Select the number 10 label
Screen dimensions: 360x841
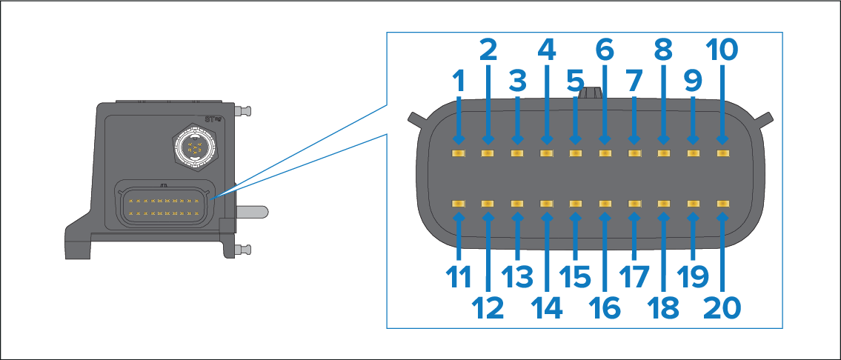coord(722,50)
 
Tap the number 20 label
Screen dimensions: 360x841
coord(722,307)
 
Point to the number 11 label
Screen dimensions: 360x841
coord(459,277)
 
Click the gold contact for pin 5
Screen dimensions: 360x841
coord(576,153)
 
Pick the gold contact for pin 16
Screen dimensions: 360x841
coord(605,203)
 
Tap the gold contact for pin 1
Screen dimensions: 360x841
coord(459,153)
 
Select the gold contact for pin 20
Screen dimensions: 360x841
coord(722,203)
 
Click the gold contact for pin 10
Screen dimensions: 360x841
coord(722,153)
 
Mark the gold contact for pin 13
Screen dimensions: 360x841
coord(517,203)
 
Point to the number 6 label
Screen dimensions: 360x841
coord(605,50)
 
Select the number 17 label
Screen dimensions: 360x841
coord(634,277)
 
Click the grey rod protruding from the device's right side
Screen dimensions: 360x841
coord(252,211)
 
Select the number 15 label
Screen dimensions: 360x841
coord(576,277)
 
